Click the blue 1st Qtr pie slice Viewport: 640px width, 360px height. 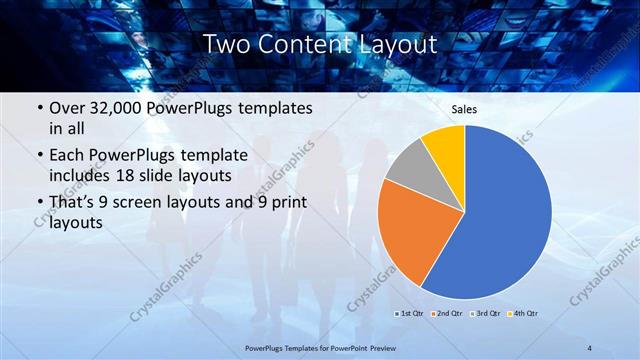(x=505, y=215)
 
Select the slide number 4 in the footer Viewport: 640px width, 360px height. (x=590, y=347)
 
